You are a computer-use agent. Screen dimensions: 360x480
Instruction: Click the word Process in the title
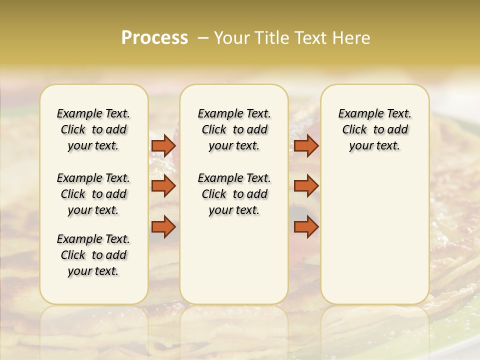[x=154, y=38]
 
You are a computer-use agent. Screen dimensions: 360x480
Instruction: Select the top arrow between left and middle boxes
[x=163, y=145]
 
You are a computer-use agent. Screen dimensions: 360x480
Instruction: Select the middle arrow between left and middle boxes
[x=163, y=186]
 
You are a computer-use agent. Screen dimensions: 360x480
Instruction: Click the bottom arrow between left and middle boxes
[x=163, y=227]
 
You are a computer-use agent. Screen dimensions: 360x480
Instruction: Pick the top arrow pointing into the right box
[x=306, y=145]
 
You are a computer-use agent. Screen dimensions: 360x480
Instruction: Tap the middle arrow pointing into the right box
[x=306, y=186]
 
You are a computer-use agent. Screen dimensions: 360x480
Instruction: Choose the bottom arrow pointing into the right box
[x=306, y=227]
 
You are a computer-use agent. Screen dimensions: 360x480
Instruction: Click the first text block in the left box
[x=93, y=129]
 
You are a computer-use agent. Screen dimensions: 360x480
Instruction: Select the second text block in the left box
[x=93, y=194]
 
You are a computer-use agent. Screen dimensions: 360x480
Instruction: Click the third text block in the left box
[x=93, y=255]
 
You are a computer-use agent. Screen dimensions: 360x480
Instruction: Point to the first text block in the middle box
[x=234, y=129]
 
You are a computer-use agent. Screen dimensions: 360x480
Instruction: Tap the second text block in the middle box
[x=234, y=194]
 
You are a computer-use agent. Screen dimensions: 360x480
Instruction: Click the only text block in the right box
[x=374, y=129]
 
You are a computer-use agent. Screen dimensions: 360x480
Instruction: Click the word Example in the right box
[x=355, y=114]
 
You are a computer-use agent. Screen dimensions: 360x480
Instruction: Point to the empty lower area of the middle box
[x=234, y=260]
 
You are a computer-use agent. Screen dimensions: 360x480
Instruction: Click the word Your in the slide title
[x=231, y=38]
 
